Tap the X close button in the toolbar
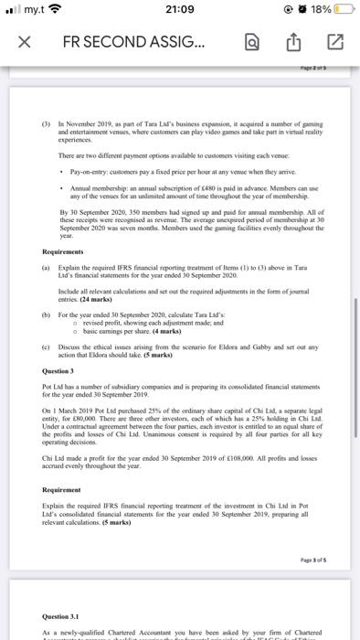[x=21, y=41]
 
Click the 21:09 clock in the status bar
[x=180, y=10]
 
